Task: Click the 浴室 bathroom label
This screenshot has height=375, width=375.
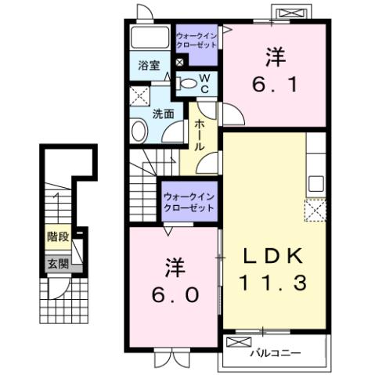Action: (x=150, y=66)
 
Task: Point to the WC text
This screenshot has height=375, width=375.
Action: (x=203, y=83)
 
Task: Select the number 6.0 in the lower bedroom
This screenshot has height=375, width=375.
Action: (x=174, y=295)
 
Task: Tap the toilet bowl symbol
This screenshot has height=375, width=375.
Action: (x=186, y=83)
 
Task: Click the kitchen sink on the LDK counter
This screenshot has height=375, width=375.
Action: (x=316, y=184)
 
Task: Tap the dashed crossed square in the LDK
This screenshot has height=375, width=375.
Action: (x=316, y=211)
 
